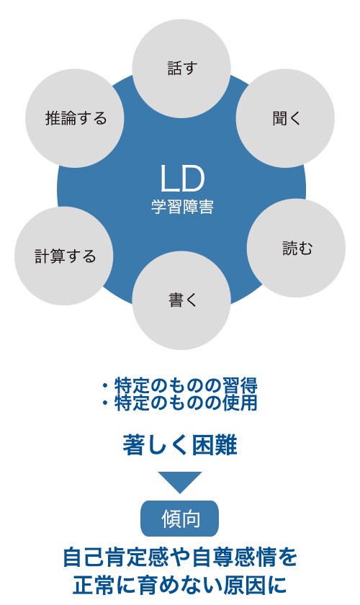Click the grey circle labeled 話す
pos(181,68)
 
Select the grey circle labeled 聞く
pos(285,118)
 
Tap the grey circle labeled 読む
pos(296,248)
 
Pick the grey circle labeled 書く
pos(181,300)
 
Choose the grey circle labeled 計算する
pos(64,256)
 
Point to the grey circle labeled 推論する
pos(75,118)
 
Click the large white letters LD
pos(181,179)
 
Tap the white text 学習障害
pos(182,207)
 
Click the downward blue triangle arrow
pos(180,483)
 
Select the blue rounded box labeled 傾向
pos(179,518)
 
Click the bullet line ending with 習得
pos(180,385)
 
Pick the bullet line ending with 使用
pos(180,403)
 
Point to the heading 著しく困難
pos(180,445)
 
